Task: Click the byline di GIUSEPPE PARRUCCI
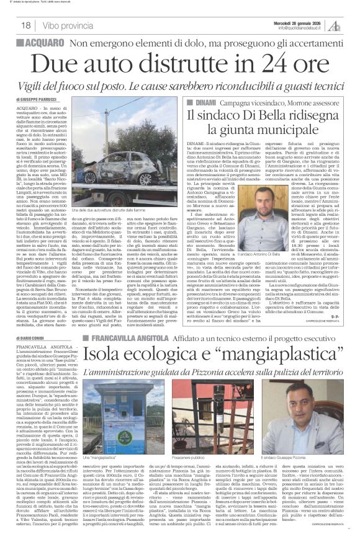pyautogui.click(x=32, y=99)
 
